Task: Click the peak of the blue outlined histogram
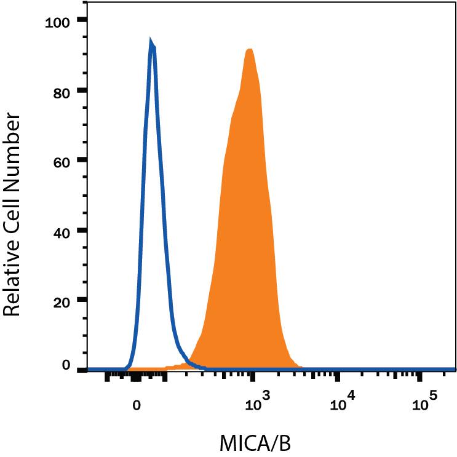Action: click(x=151, y=43)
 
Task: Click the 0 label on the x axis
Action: click(x=137, y=405)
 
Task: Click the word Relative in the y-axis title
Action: click(x=15, y=276)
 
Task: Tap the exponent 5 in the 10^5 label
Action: click(x=433, y=397)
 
